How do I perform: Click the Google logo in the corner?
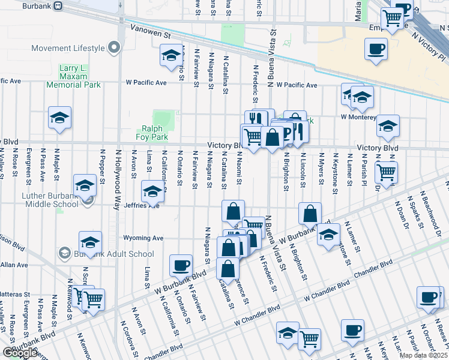(19, 353)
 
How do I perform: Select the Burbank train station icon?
(58, 5)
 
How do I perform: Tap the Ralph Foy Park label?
(155, 132)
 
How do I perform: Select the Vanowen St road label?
(148, 37)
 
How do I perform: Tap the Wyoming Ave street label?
(143, 238)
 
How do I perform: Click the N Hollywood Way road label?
(118, 179)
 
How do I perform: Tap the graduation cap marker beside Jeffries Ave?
(152, 191)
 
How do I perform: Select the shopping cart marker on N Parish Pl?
(387, 172)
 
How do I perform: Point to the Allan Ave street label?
(11, 264)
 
